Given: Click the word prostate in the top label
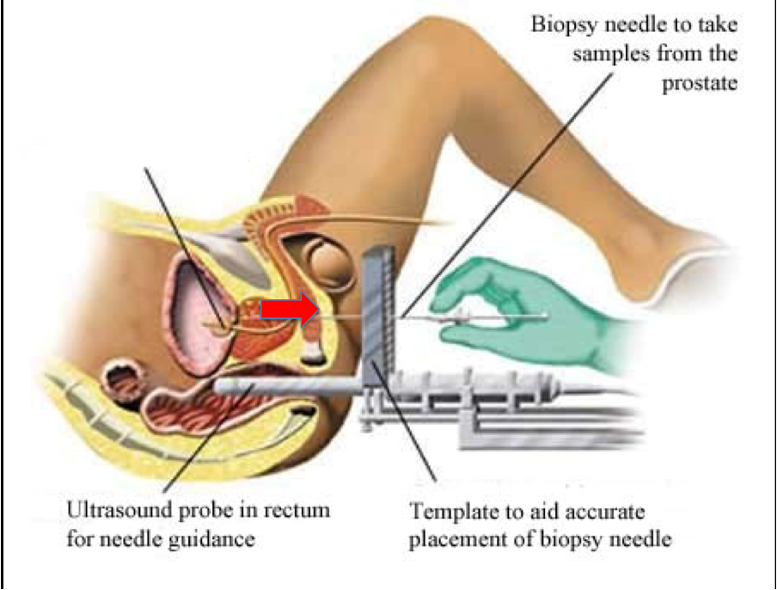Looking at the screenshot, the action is point(700,83).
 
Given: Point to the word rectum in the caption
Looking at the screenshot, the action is point(299,511).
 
